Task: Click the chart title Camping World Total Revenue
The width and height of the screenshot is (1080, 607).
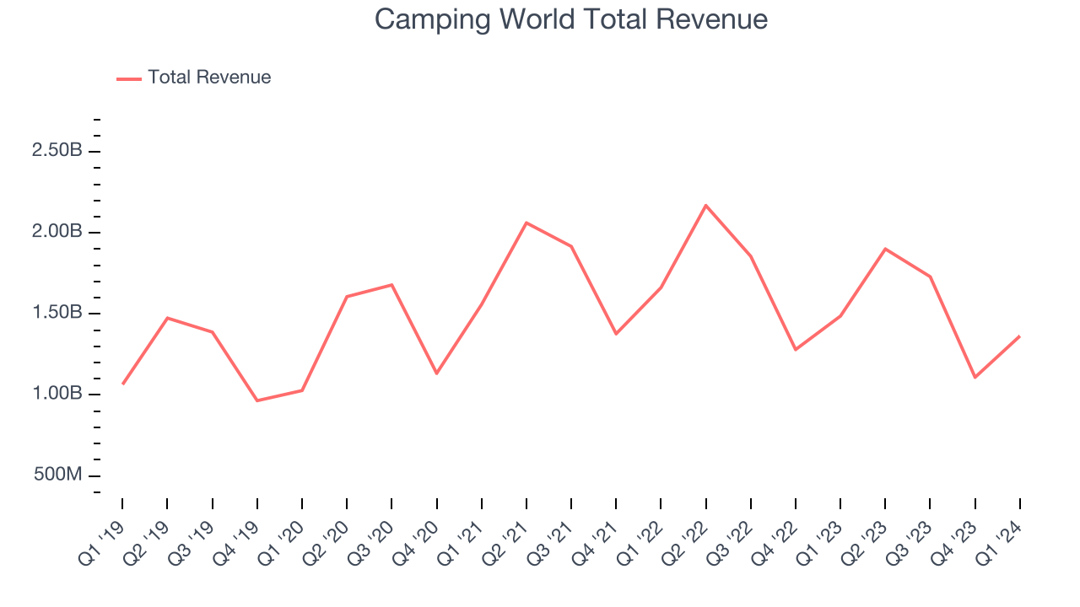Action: coord(571,19)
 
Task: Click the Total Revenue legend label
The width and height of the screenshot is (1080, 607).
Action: coord(209,78)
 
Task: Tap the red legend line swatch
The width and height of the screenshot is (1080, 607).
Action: coord(129,78)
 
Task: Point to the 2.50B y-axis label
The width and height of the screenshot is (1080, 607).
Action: coord(57,151)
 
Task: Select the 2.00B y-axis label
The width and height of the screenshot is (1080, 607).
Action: coord(57,232)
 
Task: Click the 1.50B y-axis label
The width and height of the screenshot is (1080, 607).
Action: coord(57,313)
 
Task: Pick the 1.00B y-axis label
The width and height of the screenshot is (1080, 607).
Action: coord(57,394)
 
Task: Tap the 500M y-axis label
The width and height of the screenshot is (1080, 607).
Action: coord(58,475)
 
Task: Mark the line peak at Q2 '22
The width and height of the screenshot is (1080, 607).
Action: coord(705,205)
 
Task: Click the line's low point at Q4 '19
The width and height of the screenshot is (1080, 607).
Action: coord(257,400)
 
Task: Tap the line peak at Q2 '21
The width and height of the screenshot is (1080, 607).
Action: coord(526,223)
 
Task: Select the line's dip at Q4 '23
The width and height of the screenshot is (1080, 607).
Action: coord(975,377)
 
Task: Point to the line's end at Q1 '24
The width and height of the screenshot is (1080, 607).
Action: coord(1019,336)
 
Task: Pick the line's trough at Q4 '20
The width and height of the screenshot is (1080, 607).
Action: coord(436,373)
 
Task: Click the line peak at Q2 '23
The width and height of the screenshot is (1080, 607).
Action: coord(885,249)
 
